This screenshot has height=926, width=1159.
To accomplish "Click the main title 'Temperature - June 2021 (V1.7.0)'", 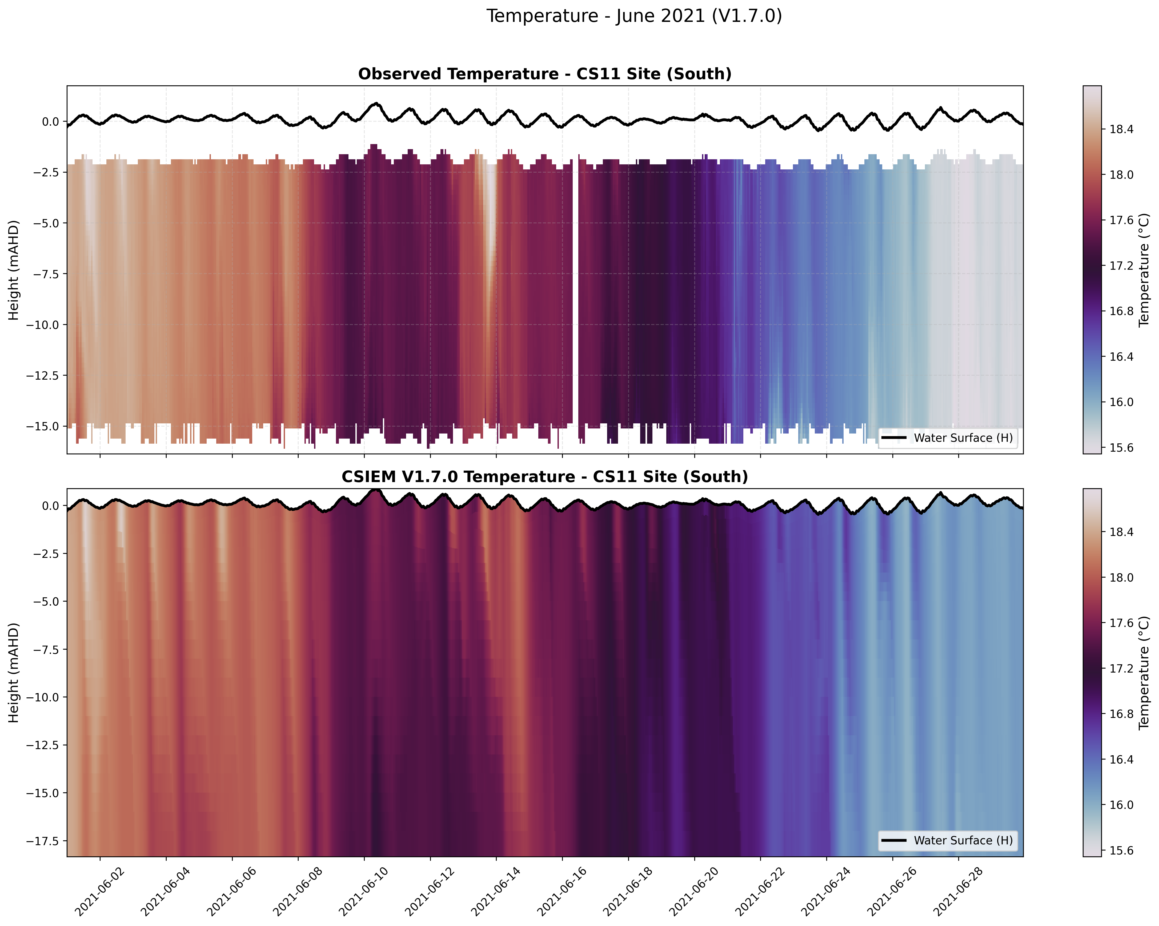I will tap(634, 16).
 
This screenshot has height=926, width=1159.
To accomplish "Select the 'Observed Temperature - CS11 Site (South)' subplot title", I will tap(544, 74).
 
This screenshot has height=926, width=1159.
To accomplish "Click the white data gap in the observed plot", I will tap(575, 290).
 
